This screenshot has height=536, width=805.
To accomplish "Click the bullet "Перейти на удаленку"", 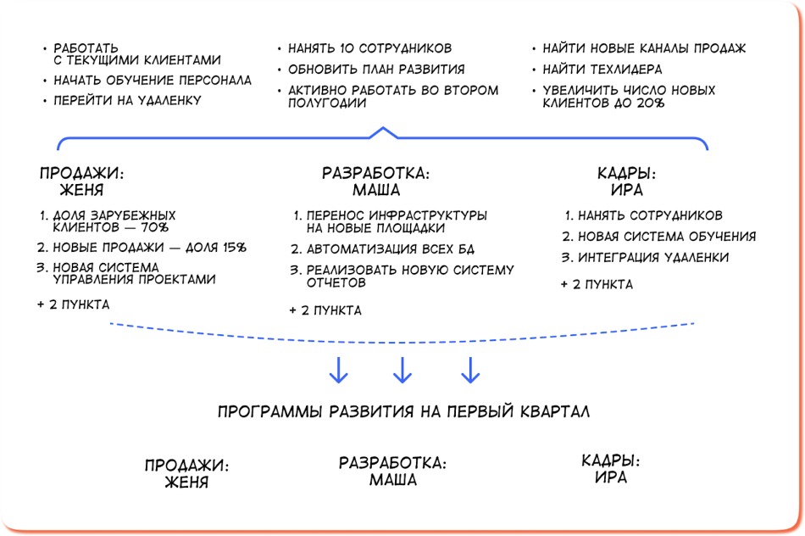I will click(127, 100).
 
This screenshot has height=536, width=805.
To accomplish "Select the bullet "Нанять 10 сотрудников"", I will click(369, 48).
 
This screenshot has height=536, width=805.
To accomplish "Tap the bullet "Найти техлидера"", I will click(602, 70).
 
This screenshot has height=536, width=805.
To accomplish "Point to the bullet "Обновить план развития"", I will click(376, 70).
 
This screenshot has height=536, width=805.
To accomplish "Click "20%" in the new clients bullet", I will click(646, 103).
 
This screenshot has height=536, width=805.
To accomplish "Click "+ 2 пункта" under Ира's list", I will click(596, 284).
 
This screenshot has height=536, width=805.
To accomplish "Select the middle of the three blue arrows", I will click(403, 369).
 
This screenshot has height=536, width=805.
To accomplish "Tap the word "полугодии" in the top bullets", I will click(327, 103).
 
